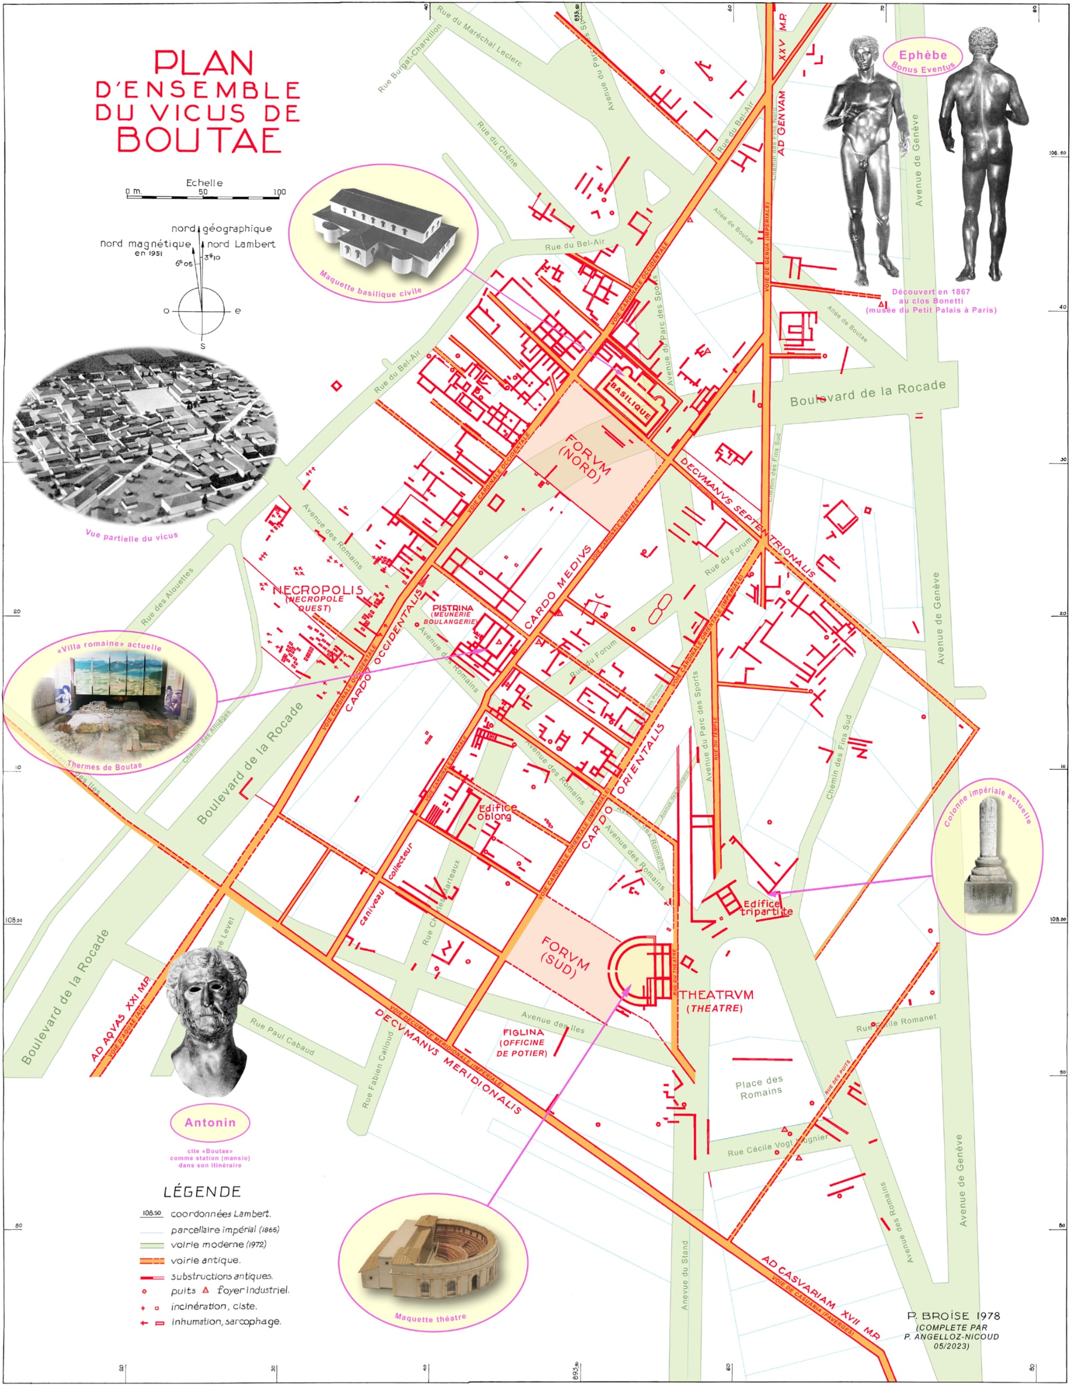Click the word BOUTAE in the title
[x=199, y=140]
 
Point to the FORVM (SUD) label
[x=562, y=958]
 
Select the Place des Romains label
[x=760, y=1086]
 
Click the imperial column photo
[x=990, y=856]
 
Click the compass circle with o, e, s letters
[x=202, y=310]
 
